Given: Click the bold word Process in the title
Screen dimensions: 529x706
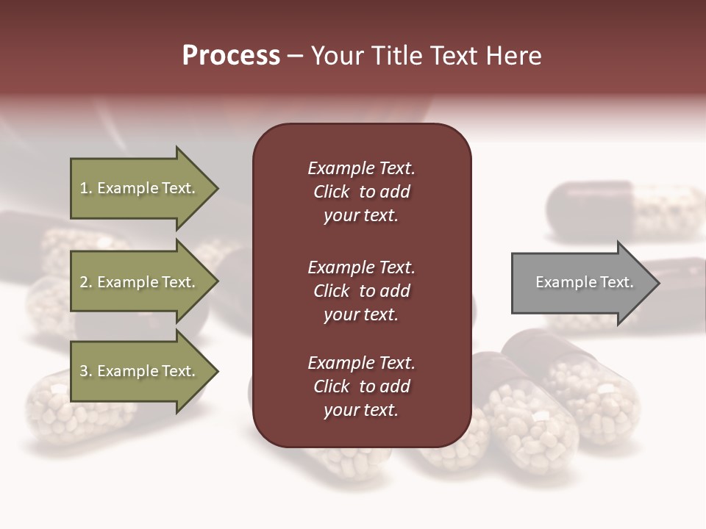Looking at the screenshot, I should point(231,55).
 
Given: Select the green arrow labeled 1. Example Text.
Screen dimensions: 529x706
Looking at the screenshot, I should point(140,189).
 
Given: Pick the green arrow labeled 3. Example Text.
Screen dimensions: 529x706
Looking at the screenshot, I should point(140,372).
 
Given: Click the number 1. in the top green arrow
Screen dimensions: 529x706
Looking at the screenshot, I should point(86,188).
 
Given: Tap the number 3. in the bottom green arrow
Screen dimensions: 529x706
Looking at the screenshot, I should point(86,372).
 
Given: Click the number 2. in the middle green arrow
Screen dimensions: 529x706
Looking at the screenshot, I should point(86,282).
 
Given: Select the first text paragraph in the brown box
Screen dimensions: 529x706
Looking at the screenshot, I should point(361,192).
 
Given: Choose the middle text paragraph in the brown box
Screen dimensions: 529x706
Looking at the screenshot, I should point(361,291).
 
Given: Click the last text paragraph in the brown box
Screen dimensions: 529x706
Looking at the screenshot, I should point(361,386).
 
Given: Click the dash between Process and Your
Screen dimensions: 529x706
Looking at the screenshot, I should point(295,56).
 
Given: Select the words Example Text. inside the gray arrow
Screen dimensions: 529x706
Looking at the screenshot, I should point(584,282).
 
